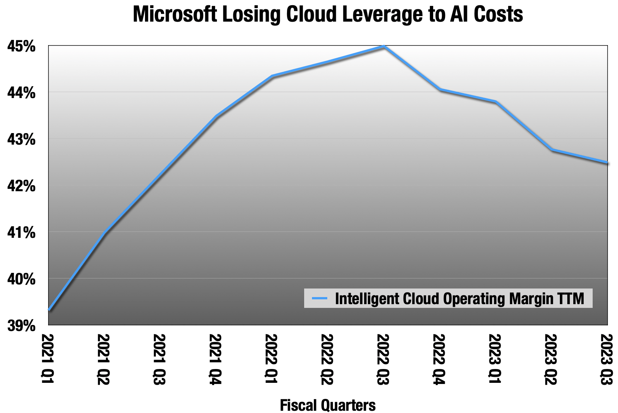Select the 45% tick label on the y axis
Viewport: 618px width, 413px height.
pos(22,47)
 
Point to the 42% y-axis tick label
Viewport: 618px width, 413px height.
pos(22,186)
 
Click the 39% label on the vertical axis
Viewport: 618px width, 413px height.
pos(22,326)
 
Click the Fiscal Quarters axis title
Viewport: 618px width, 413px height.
pos(328,405)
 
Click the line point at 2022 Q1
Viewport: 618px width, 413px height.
pos(272,76)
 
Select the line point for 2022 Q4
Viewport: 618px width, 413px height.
pos(440,89)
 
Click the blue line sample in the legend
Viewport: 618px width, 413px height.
pos(319,298)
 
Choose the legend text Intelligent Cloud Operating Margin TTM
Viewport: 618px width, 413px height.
pos(460,298)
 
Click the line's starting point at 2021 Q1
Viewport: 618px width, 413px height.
pos(49,309)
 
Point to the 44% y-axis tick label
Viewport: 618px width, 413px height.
pos(22,93)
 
